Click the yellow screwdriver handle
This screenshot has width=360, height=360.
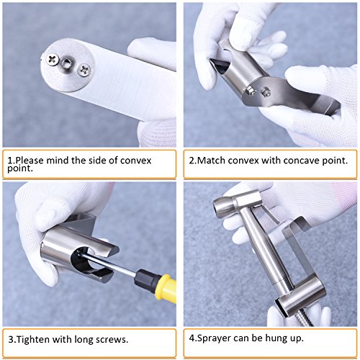(166, 287)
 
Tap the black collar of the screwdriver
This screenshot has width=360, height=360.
(145, 279)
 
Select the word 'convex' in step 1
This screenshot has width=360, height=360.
(136, 161)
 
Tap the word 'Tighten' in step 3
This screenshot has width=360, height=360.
(33, 340)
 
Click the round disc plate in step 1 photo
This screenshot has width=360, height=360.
(67, 65)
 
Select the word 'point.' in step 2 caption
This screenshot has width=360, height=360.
(335, 161)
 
